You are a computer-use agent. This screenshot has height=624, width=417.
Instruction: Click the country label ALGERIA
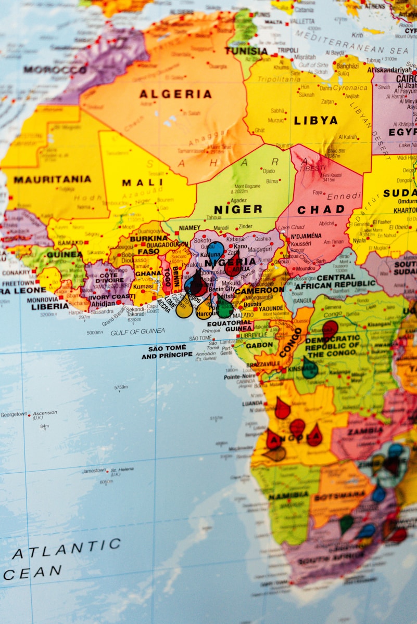[175, 94]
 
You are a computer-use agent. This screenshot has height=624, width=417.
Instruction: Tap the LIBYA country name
[315, 121]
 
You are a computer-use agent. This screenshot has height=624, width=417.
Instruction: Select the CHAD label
[321, 210]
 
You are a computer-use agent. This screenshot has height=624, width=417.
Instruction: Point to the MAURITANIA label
[52, 179]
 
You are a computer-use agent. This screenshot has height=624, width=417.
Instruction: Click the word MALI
[142, 183]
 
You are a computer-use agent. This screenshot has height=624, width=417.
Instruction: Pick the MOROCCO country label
[55, 69]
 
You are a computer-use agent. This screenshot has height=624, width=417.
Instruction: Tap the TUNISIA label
[246, 51]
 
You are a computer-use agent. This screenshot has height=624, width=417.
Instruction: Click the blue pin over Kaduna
[214, 250]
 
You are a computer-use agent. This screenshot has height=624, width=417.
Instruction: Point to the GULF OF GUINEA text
[137, 331]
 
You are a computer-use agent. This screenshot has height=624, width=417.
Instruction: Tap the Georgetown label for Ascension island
[14, 414]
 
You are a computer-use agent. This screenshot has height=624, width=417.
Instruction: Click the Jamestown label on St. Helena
[94, 471]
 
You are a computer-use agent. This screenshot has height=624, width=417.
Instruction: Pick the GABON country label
[260, 345]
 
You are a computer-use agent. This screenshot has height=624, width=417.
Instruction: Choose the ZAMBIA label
[365, 431]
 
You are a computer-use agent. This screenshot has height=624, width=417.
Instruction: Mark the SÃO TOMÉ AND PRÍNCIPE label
[167, 352]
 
